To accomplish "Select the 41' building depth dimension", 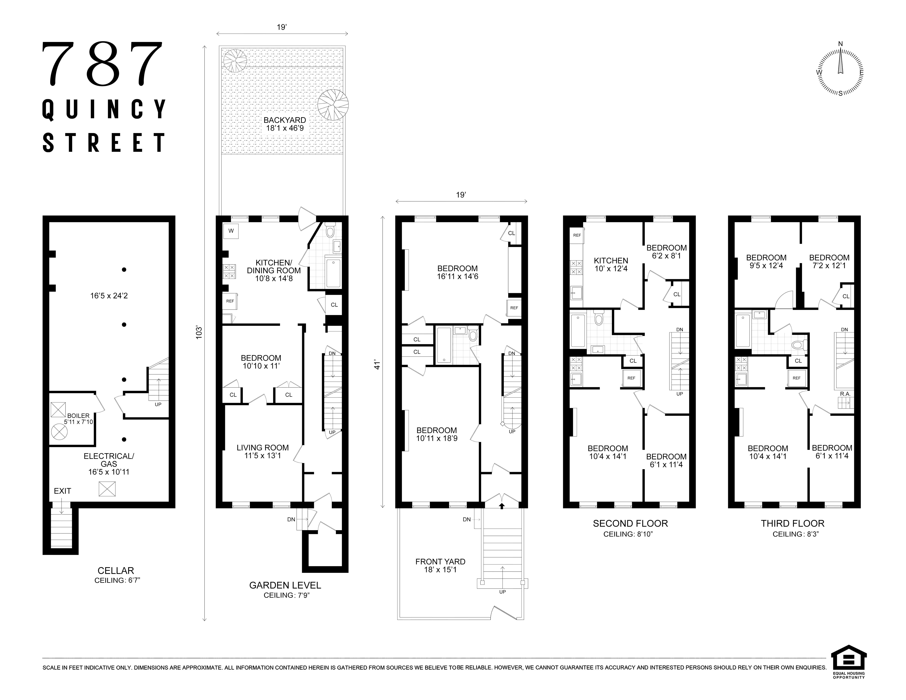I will (377, 365).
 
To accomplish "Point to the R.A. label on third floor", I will (845, 394).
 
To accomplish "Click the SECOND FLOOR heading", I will (630, 523).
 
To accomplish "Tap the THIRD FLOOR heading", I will (792, 523).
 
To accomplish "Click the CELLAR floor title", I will (116, 571).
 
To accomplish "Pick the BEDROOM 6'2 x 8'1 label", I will (666, 252).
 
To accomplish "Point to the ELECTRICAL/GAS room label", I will (109, 464).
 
